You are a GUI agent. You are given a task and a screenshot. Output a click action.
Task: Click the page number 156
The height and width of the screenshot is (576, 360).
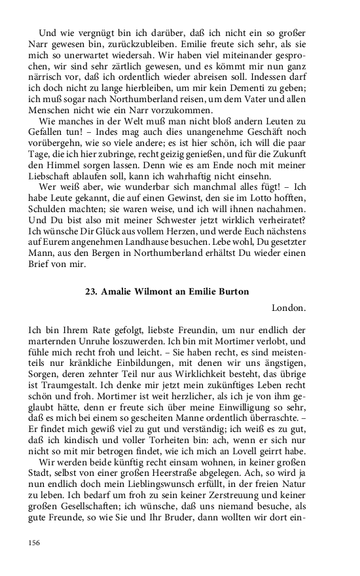pyautogui.click(x=35, y=542)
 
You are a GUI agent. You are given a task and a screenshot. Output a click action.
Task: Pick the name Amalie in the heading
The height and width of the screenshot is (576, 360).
pyautogui.click(x=122, y=291)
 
